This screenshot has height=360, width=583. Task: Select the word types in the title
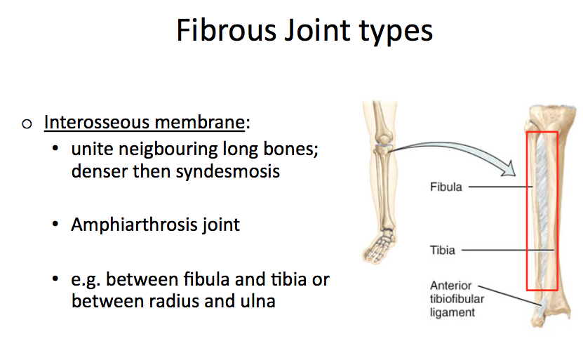pos(396,32)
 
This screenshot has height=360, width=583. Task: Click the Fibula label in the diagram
pos(446,187)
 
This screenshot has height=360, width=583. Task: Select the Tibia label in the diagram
pos(443,249)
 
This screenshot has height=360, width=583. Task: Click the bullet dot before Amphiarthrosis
pos(56,226)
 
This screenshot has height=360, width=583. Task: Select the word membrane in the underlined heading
pos(209,123)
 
